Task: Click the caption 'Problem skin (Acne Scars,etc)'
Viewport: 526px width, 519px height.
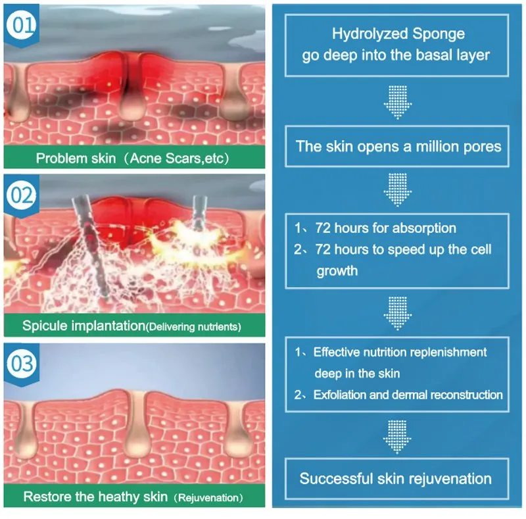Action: [x=133, y=158]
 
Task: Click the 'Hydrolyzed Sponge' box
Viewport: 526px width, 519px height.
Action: [x=398, y=44]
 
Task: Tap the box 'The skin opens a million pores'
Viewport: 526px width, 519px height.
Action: [x=398, y=145]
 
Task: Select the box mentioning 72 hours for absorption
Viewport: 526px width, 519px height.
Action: [x=398, y=250]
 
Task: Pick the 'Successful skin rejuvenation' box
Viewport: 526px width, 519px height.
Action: [x=398, y=478]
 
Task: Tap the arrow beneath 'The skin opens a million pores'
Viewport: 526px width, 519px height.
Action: [x=398, y=189]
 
